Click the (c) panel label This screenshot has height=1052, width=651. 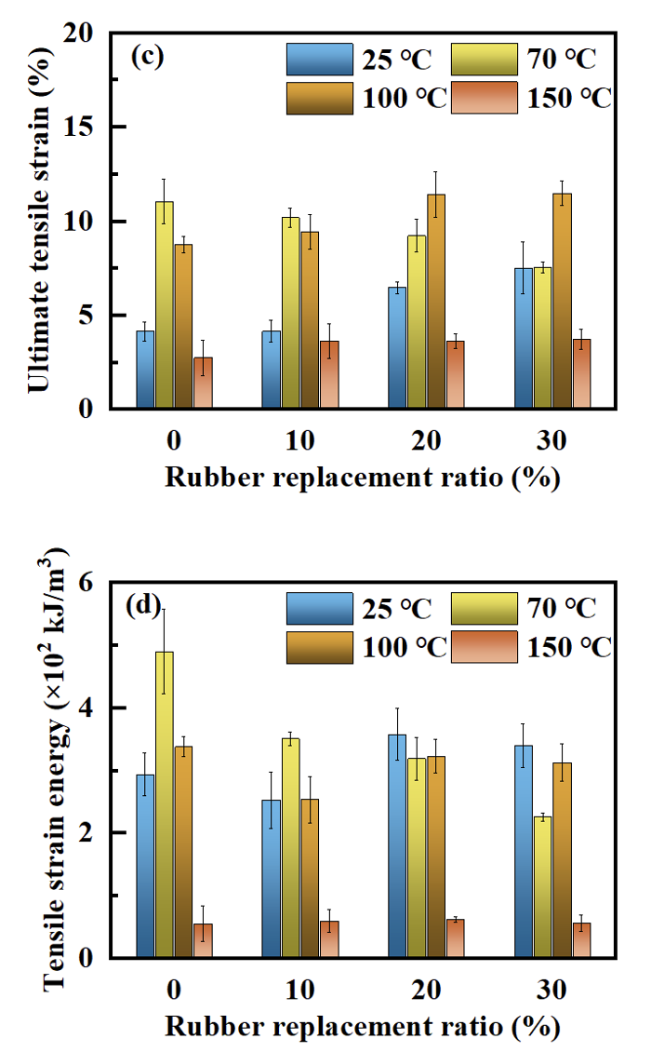[x=147, y=56]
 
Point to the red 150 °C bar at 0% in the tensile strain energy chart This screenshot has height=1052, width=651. [x=203, y=940]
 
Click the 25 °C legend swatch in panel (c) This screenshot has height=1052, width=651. [x=319, y=60]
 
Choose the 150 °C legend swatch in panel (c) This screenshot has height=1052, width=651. [x=483, y=98]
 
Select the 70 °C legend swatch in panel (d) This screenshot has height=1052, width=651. [x=483, y=609]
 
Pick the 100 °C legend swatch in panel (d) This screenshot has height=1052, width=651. [x=319, y=647]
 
